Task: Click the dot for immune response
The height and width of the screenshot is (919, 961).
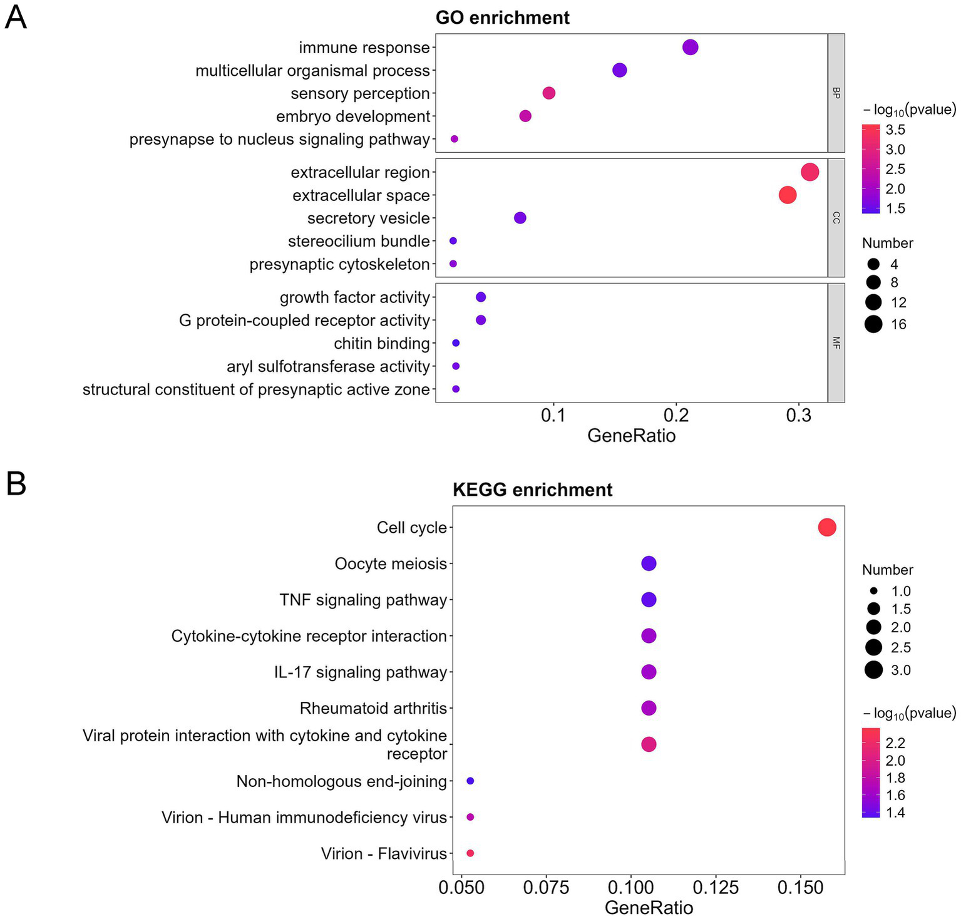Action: (690, 48)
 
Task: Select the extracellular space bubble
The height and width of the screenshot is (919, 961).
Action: (787, 195)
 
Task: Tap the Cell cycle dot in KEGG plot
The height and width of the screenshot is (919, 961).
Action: (826, 528)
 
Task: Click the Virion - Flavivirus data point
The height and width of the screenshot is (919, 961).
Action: (470, 853)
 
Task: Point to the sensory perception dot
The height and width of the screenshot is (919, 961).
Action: (548, 93)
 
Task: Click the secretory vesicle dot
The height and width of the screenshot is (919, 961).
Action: (520, 218)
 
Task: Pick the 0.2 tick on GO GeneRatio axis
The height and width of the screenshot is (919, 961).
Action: (676, 416)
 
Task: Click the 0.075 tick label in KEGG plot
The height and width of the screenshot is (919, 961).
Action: (547, 887)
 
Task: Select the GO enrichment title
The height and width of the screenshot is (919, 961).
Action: (502, 18)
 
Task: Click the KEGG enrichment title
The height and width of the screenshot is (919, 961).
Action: (532, 490)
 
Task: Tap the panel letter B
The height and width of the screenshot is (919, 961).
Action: (16, 485)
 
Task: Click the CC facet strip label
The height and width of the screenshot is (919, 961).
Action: (836, 218)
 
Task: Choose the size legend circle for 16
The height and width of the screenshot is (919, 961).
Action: (873, 324)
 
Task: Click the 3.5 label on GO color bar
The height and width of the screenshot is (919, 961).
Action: (895, 130)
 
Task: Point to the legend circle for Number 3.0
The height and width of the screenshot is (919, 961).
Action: (873, 670)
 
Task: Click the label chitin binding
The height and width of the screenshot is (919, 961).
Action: (381, 344)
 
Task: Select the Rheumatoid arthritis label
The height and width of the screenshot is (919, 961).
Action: (373, 709)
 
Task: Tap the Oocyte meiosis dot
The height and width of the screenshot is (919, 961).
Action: (649, 563)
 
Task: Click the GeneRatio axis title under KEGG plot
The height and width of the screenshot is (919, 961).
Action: (649, 908)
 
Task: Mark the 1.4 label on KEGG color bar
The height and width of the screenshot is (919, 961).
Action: (895, 813)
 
